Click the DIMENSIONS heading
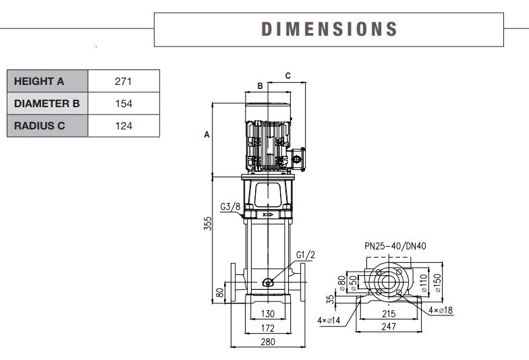[329, 29]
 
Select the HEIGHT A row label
[39, 82]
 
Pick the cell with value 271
[123, 82]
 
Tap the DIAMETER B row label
[47, 104]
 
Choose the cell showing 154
[123, 104]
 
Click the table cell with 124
[123, 125]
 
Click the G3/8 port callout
[230, 206]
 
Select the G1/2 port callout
[306, 254]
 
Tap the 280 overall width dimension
[268, 342]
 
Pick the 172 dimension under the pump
[268, 328]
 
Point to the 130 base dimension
[268, 314]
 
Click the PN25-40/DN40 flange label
[395, 246]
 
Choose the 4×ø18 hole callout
[441, 310]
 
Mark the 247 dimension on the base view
[387, 327]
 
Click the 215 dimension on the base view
[387, 313]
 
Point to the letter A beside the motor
[207, 135]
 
